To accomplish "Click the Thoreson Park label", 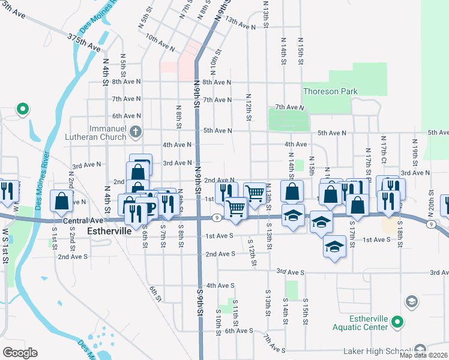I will tap(330, 92).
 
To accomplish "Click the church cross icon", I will tap(136, 131).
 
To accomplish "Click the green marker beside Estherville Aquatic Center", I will tap(397, 323).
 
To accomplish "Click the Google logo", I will tap(20, 353).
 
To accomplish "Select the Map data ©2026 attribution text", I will tap(424, 355).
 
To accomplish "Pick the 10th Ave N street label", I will tap(160, 40).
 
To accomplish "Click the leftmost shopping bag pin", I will tap(62, 201).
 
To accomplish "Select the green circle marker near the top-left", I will tap(22, 109).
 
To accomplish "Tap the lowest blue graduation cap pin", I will tap(334, 246).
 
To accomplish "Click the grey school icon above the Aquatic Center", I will tap(412, 300).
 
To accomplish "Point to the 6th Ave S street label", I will tap(239, 331).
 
